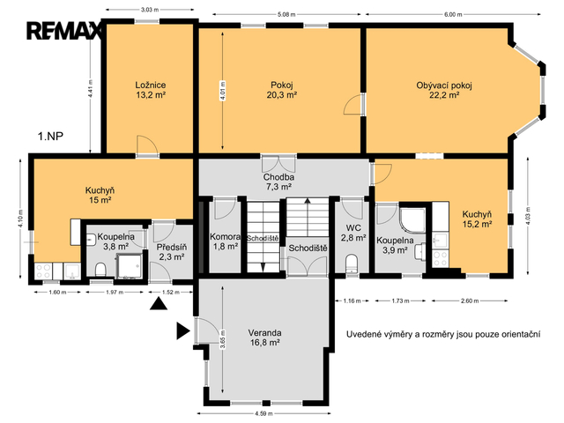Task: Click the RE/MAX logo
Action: point(64,31)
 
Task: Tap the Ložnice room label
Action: point(151,85)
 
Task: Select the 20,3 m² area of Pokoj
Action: point(282,95)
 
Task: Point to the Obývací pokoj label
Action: point(444,85)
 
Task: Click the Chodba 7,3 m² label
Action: point(278,182)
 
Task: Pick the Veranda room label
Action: point(264,333)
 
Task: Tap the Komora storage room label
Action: point(226,237)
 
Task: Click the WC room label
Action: point(353,227)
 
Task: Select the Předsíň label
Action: point(172,248)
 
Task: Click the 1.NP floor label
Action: point(51,137)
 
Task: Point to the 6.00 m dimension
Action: point(453,15)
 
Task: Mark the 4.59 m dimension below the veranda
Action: point(263,413)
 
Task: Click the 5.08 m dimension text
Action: point(286,15)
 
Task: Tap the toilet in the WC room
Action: point(352,263)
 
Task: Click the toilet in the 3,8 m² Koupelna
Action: point(100,270)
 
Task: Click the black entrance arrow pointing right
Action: point(182,331)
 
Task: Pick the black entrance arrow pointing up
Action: point(159,304)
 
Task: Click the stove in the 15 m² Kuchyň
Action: point(43,271)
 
